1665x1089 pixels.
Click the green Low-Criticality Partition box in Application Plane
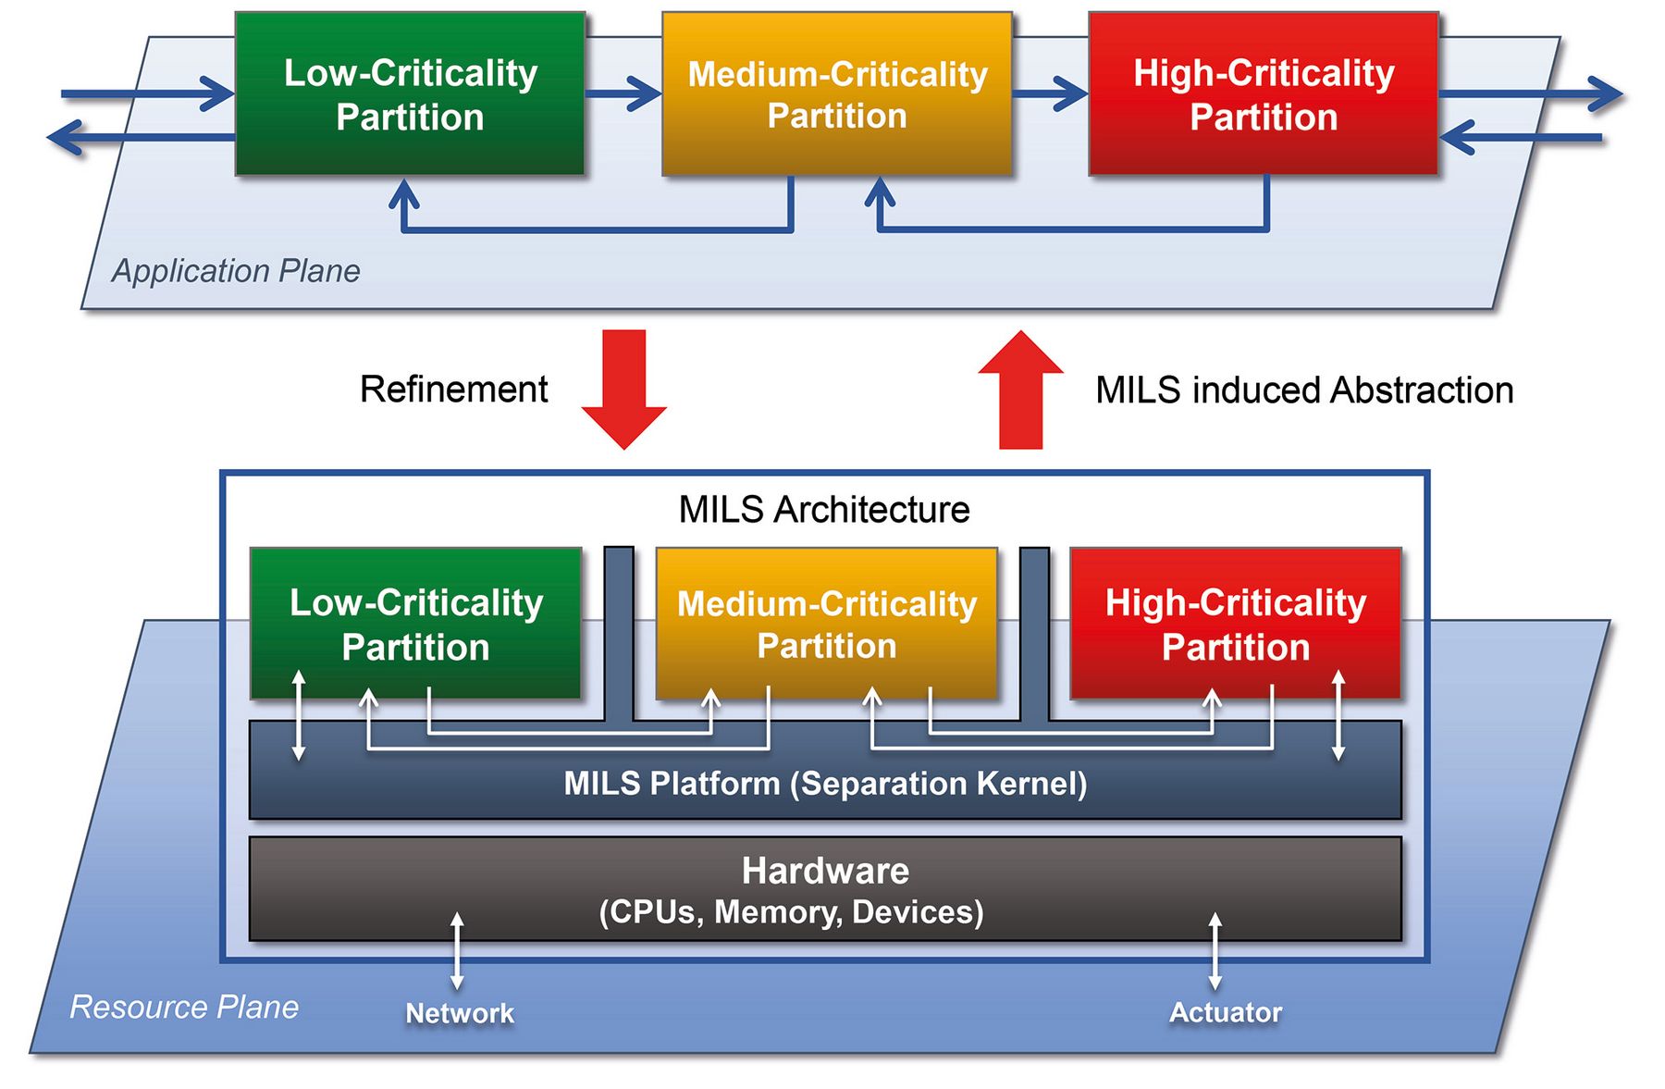click(410, 94)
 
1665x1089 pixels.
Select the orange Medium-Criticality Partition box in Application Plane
click(837, 94)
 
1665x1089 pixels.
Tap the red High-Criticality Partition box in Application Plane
click(1264, 94)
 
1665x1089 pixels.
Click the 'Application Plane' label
click(236, 271)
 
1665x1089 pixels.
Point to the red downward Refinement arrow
click(624, 389)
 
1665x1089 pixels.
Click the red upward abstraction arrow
click(1021, 389)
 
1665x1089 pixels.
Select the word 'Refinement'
click(453, 390)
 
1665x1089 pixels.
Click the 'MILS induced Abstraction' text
click(1304, 390)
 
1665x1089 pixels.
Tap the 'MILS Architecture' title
click(824, 510)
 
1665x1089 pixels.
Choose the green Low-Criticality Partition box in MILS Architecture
click(415, 624)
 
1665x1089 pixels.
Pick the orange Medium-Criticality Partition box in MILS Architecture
click(827, 624)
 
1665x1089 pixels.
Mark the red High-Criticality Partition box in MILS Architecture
click(1236, 624)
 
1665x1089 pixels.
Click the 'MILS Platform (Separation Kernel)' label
click(825, 784)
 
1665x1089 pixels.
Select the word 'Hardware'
click(825, 871)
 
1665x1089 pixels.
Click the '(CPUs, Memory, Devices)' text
click(791, 912)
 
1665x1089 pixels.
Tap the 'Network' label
click(460, 1013)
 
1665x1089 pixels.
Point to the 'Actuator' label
click(1226, 1012)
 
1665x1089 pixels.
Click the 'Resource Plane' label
click(184, 1007)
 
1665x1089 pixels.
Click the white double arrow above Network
click(457, 951)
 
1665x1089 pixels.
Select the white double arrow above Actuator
click(1215, 951)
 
